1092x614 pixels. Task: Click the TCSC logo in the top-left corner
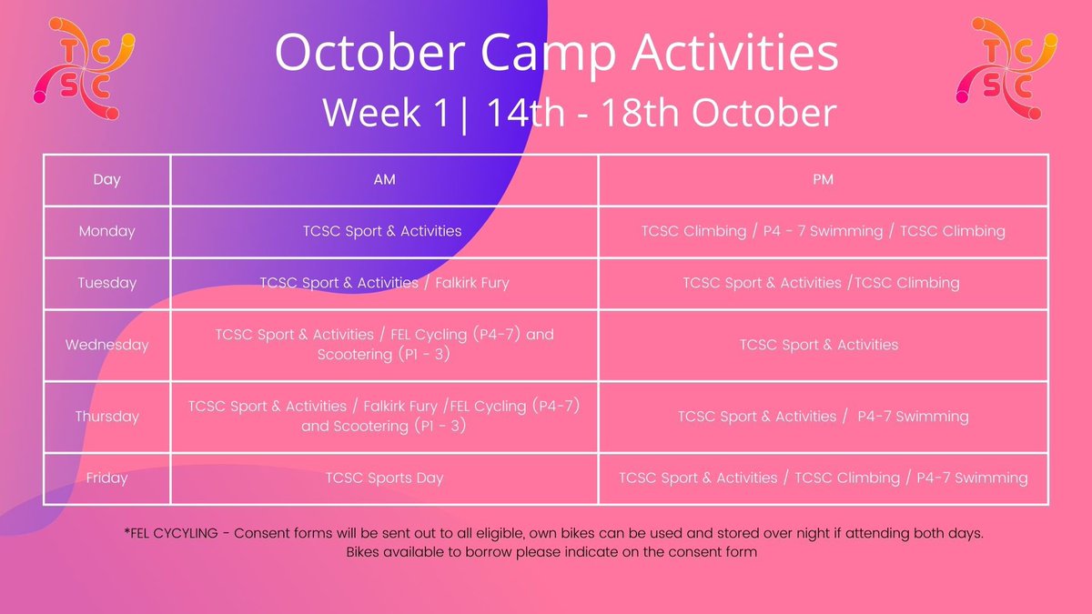(x=84, y=69)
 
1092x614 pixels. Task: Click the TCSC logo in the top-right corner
(x=1006, y=69)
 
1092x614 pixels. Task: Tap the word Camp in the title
(x=549, y=53)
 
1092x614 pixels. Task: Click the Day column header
(x=106, y=180)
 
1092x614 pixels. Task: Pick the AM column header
(x=384, y=180)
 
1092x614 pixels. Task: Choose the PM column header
(x=823, y=180)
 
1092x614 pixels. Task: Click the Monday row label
(x=106, y=231)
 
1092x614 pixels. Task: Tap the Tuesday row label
(x=106, y=283)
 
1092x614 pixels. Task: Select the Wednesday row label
(x=106, y=345)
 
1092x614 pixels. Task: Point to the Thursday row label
(x=106, y=417)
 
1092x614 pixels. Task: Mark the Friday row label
(x=106, y=478)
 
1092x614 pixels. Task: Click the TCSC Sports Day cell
(x=384, y=478)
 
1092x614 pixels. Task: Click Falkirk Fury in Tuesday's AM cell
(x=472, y=283)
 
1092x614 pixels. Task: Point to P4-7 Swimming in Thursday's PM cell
(x=913, y=417)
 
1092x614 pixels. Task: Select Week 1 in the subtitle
(x=386, y=113)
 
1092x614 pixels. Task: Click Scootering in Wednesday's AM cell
(x=355, y=355)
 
